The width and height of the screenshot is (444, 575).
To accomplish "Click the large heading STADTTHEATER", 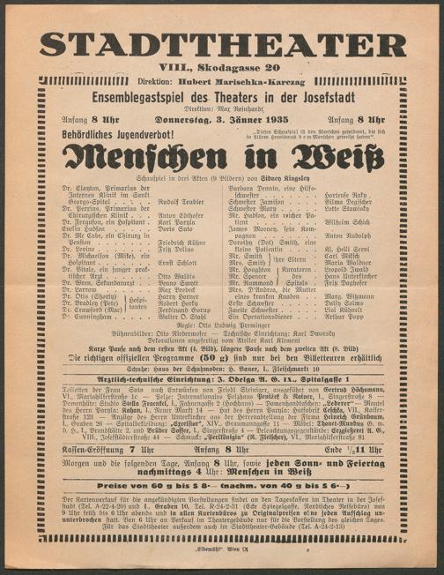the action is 221,45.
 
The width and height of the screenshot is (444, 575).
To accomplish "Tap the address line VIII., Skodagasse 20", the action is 221,67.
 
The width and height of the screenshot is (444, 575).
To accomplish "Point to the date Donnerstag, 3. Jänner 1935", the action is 222,119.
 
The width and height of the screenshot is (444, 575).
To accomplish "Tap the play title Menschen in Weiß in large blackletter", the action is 222,158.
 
